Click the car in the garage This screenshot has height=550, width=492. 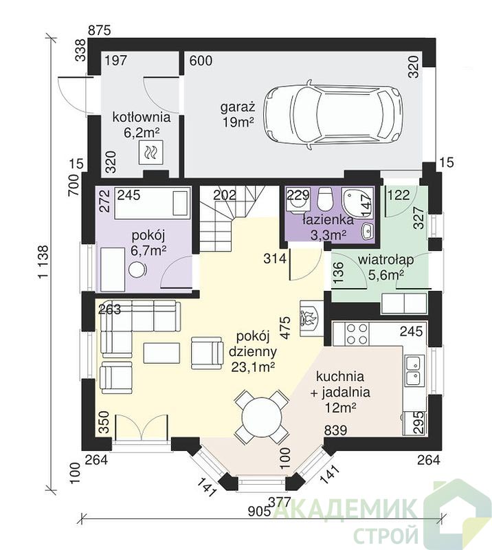[x=333, y=115]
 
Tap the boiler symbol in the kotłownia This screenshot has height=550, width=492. [x=151, y=152]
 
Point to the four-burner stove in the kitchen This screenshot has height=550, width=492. [x=357, y=333]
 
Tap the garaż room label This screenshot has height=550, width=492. [x=237, y=107]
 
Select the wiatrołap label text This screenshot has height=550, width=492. [x=385, y=260]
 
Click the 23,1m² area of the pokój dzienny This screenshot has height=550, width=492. [x=253, y=366]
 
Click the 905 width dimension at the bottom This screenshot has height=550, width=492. [x=259, y=511]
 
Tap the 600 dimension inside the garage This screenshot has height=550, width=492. [x=201, y=60]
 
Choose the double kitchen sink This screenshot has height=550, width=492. [x=414, y=370]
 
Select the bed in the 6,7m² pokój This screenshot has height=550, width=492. [x=153, y=203]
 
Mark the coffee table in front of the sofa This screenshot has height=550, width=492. [x=161, y=353]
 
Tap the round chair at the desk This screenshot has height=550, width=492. [x=137, y=270]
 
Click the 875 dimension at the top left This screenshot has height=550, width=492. [x=99, y=30]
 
